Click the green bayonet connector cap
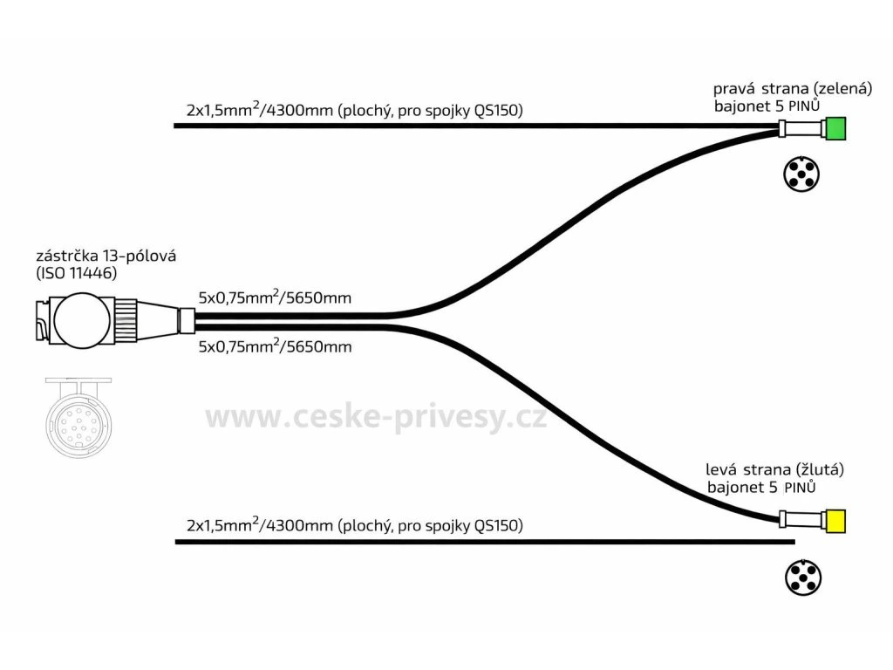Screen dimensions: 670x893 coord(835,129)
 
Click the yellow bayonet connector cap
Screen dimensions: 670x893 coord(835,522)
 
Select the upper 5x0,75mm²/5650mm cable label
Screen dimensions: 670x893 coord(275,297)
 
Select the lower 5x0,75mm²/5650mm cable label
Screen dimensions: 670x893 coord(275,347)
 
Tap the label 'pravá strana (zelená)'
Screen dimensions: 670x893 coord(781,88)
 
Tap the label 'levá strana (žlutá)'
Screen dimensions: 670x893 coord(775,469)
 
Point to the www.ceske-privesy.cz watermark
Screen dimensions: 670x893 coord(376,417)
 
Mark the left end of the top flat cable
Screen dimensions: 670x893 coord(177,126)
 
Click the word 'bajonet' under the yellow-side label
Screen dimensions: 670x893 coord(735,488)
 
